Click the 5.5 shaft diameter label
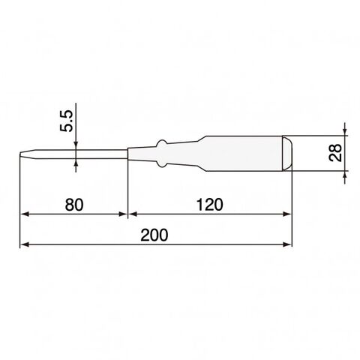(66, 121)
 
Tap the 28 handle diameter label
(335, 153)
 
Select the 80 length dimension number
(74, 205)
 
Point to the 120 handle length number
(209, 205)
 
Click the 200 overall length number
(154, 235)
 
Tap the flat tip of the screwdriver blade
(20, 154)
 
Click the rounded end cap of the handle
(287, 153)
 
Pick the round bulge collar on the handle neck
(162, 154)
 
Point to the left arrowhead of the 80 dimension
(25, 214)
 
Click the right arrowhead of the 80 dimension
(123, 214)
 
